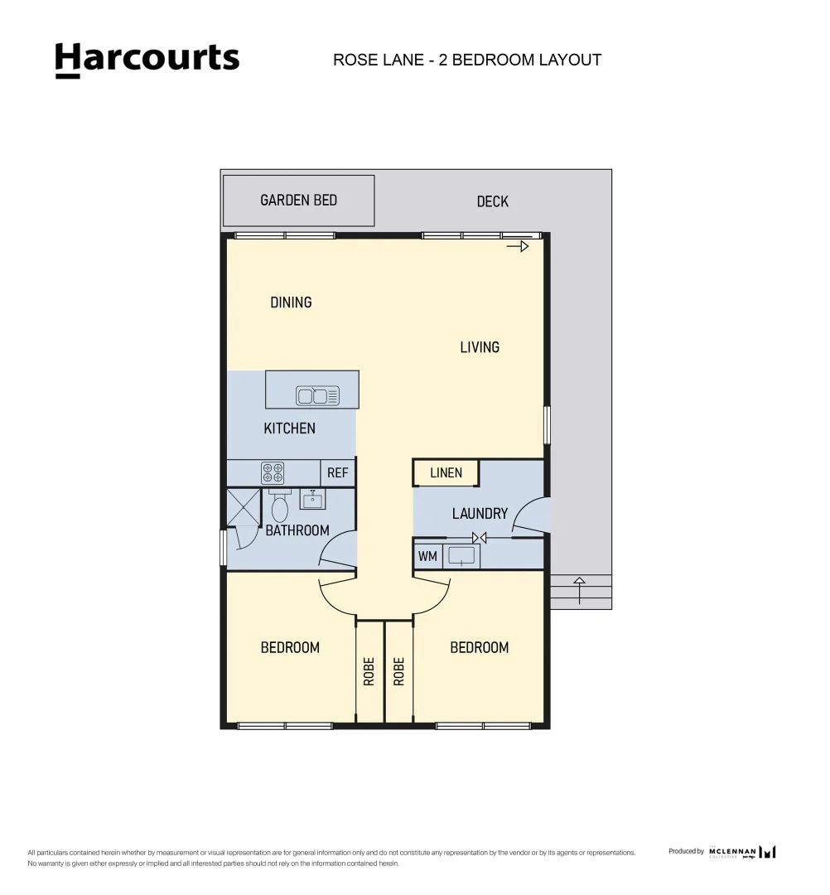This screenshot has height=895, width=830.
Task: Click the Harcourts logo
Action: pos(147,60)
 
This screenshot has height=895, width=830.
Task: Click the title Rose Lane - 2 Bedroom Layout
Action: pos(466,60)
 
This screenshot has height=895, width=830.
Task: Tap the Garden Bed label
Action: pos(298,200)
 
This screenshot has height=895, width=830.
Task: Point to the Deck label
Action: pos(492,201)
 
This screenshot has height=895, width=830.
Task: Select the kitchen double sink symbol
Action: pos(317,396)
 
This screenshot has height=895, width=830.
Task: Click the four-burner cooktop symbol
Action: pos(273,472)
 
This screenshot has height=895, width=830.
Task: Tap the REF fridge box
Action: pos(337,472)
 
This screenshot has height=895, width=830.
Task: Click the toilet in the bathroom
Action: pos(279,507)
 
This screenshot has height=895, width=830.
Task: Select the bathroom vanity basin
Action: pos(311,500)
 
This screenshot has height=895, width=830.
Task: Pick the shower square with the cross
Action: pos(244,507)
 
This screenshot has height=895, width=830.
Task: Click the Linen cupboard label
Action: pos(446,472)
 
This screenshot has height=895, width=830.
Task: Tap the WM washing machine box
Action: pos(427,556)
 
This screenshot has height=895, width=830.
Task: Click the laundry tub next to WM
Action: pos(461,556)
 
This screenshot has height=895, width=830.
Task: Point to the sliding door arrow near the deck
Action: pos(518,246)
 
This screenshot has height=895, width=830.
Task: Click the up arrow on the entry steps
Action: pos(579,591)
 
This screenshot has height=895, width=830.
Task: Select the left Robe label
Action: pos(369,670)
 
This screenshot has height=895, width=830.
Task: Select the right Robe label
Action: pos(398,670)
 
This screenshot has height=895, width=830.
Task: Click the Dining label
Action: pos(291,302)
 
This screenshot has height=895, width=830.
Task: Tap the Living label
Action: pos(480,347)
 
